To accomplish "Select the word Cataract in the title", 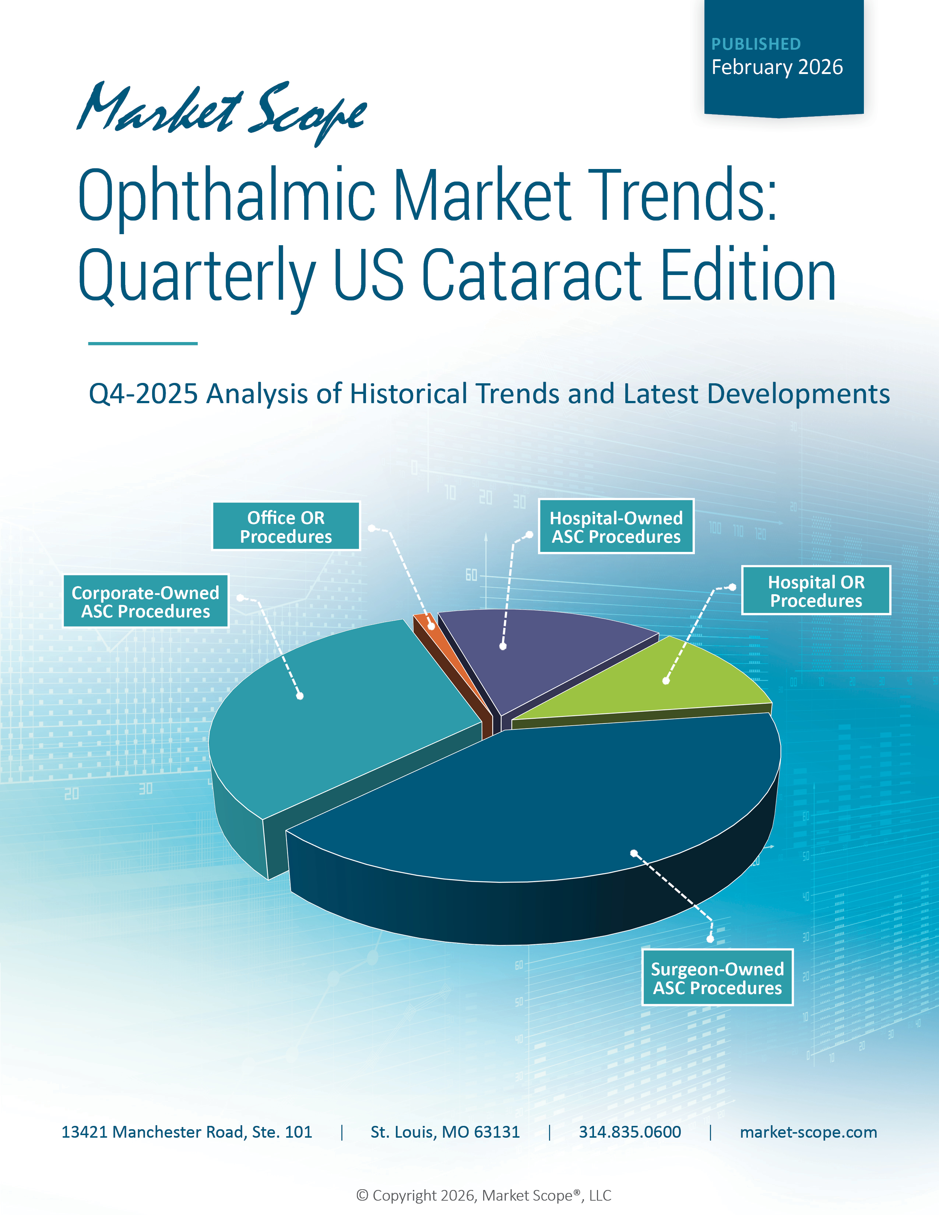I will tap(531, 275).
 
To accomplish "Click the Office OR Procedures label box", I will tap(286, 526).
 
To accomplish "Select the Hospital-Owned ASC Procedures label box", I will tap(616, 526).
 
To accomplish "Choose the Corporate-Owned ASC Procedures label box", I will tap(146, 601).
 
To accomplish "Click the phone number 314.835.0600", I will tap(630, 1132).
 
